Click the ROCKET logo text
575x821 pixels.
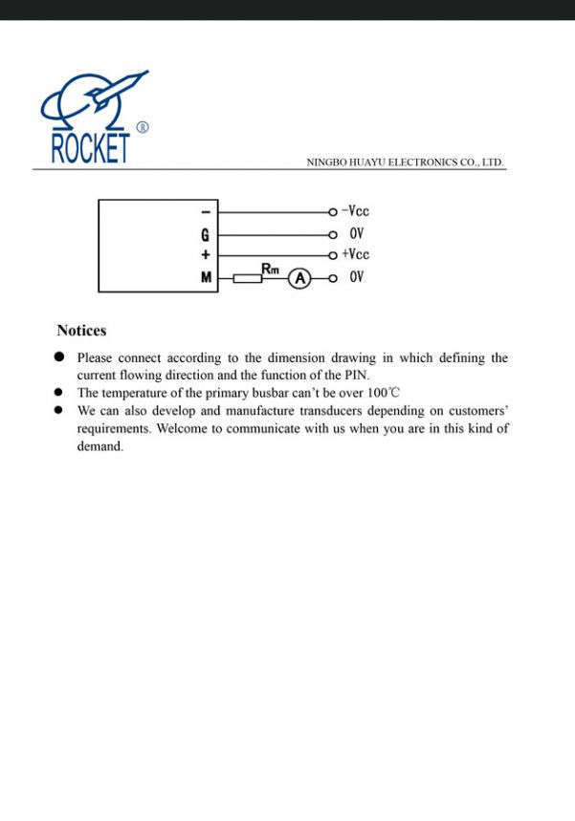coord(90,148)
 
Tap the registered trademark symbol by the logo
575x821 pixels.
coord(143,126)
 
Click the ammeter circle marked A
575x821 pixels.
coord(300,278)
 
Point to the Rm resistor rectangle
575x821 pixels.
coord(248,278)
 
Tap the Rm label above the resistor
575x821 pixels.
coord(270,270)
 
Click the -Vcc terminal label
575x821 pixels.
coord(355,211)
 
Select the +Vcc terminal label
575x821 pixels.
coord(355,254)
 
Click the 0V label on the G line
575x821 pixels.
coord(356,233)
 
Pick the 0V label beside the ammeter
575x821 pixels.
coord(356,277)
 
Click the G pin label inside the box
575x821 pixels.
coord(205,234)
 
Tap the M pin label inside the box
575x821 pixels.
coord(206,277)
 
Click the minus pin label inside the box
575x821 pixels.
coord(205,212)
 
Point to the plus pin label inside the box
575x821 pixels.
coord(205,255)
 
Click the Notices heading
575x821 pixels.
coord(81,331)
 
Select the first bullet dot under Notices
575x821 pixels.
coord(59,357)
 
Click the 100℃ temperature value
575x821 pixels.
coord(383,393)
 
